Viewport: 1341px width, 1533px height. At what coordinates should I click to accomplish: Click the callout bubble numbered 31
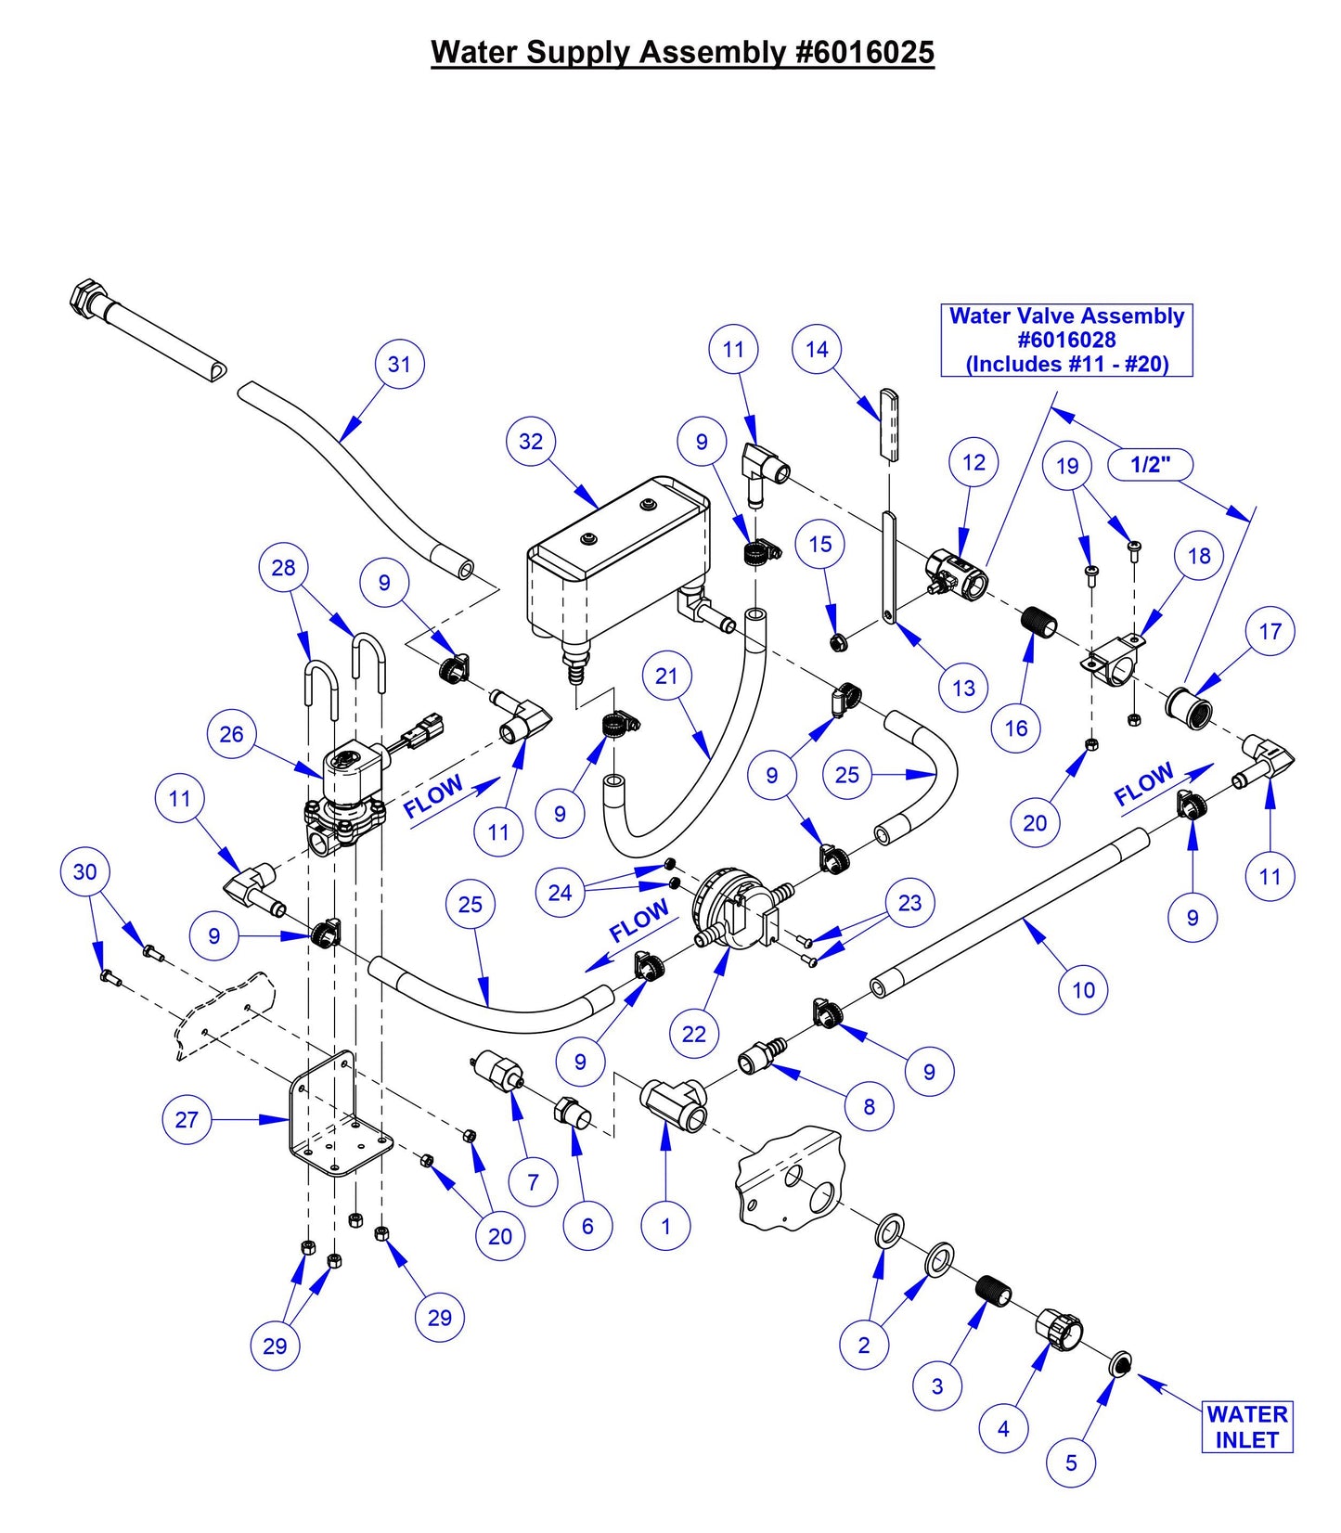(399, 364)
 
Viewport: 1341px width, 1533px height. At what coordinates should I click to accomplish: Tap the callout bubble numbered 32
(531, 441)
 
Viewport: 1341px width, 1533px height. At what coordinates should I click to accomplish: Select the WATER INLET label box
(1246, 1427)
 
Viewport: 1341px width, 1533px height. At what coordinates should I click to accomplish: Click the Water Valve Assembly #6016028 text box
(1066, 340)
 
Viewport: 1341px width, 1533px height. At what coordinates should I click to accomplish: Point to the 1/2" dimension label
(1150, 464)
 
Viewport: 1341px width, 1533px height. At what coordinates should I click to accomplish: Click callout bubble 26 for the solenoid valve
(231, 734)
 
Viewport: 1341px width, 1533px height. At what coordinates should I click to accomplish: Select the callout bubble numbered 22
(694, 1034)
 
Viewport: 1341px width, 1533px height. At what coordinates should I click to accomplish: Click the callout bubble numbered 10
(1083, 990)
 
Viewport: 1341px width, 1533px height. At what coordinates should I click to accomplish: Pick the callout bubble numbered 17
(1270, 631)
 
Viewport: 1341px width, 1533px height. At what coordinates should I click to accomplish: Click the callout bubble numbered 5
(1071, 1463)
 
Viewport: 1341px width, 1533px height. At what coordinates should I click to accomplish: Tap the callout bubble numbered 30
(84, 871)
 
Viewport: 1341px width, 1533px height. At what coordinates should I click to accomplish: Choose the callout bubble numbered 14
(817, 349)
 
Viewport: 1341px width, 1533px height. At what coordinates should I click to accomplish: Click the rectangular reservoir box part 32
(617, 557)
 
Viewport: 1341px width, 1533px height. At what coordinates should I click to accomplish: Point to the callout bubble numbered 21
(666, 676)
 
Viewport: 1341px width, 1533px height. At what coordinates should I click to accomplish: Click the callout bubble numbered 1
(665, 1227)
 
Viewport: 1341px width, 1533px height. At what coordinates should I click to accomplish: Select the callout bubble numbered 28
(283, 567)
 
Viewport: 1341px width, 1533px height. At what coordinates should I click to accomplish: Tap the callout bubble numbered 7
(533, 1182)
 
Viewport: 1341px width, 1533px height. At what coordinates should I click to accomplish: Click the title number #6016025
(865, 52)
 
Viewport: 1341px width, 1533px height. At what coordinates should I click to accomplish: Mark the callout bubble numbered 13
(963, 688)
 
